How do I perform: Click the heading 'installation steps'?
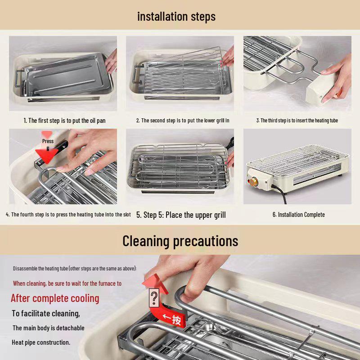(176, 17)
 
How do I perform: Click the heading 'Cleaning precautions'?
(180, 241)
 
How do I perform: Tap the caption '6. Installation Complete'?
(298, 215)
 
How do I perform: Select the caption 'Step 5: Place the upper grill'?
(181, 215)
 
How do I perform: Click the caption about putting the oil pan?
(64, 121)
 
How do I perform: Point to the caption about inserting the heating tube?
(297, 121)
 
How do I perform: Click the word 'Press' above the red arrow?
(48, 141)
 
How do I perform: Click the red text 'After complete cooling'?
(55, 298)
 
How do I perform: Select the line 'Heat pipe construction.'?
(41, 342)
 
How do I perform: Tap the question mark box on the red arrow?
(154, 298)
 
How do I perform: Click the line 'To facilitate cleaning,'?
(46, 314)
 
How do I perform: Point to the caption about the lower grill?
(183, 121)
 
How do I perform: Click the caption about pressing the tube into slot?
(68, 215)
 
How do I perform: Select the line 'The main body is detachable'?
(49, 328)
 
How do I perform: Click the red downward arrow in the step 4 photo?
(47, 155)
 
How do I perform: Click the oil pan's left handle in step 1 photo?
(18, 78)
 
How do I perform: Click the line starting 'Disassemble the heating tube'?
(75, 268)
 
